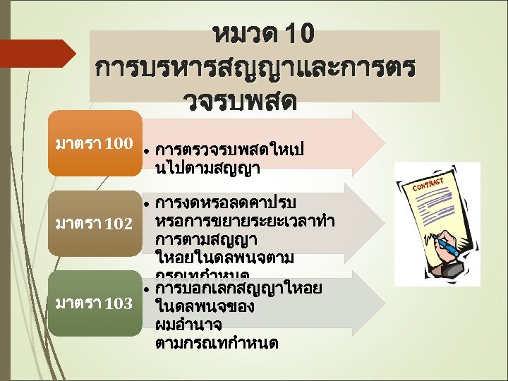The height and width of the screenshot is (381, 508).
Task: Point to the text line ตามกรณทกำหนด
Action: coord(216,343)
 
